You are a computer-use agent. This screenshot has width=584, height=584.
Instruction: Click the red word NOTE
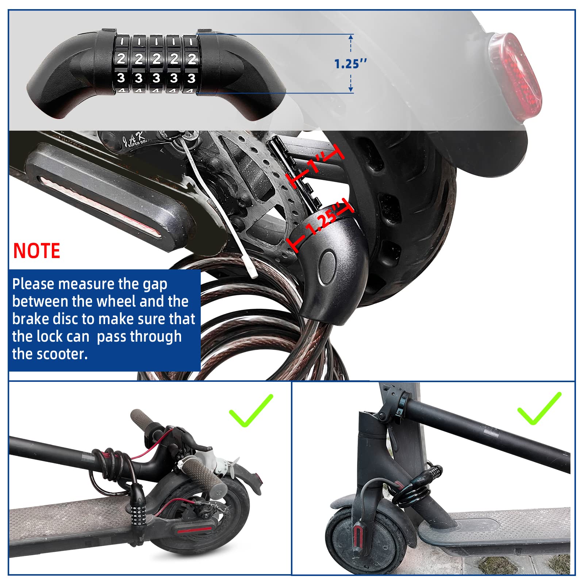36,251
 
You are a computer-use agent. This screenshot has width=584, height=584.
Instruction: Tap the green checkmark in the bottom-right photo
539,408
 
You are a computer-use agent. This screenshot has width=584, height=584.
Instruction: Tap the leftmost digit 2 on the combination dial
121,58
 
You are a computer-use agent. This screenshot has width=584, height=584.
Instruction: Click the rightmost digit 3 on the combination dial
191,78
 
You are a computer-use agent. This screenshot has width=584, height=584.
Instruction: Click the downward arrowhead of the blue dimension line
351,89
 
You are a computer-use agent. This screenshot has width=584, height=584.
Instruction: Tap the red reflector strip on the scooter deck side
99,204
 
